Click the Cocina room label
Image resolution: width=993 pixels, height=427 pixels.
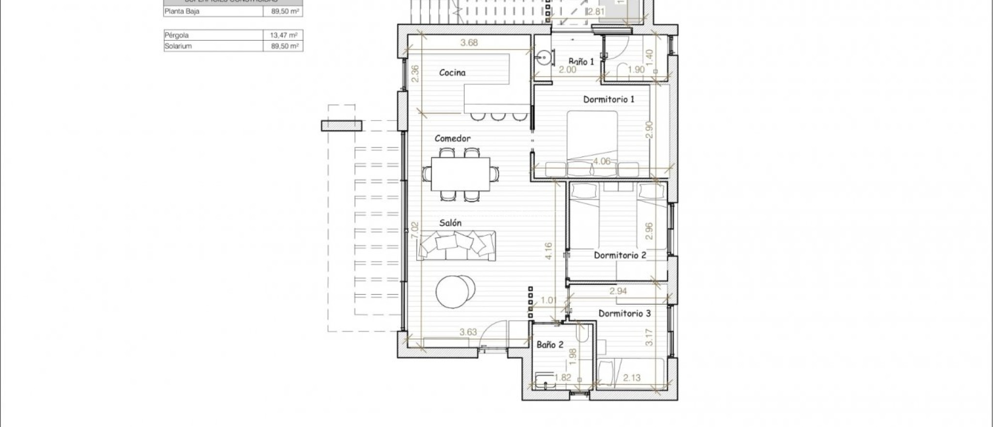pyautogui.click(x=452, y=73)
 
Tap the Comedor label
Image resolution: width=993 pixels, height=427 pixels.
pyautogui.click(x=452, y=139)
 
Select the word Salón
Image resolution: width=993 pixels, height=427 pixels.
pyautogui.click(x=450, y=223)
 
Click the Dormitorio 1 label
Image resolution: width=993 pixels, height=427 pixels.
pyautogui.click(x=609, y=99)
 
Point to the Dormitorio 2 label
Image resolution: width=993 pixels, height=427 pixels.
pyautogui.click(x=620, y=255)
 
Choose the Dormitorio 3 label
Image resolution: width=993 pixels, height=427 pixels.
pyautogui.click(x=625, y=313)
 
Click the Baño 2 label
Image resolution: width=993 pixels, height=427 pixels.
pyautogui.click(x=550, y=345)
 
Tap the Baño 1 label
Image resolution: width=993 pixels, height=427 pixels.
pyautogui.click(x=581, y=62)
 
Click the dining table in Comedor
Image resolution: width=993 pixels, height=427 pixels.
pyautogui.click(x=460, y=174)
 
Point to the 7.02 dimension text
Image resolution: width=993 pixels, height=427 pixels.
pyautogui.click(x=414, y=230)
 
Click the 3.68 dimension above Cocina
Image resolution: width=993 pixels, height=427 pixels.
pyautogui.click(x=469, y=43)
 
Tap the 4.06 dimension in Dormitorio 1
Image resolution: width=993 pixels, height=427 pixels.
pyautogui.click(x=602, y=162)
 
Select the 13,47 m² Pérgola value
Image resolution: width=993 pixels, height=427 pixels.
pyautogui.click(x=283, y=35)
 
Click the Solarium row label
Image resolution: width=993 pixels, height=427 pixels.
pyautogui.click(x=178, y=46)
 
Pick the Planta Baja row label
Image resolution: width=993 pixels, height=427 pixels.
pyautogui.click(x=182, y=11)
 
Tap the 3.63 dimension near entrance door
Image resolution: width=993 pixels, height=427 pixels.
pyautogui.click(x=468, y=332)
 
